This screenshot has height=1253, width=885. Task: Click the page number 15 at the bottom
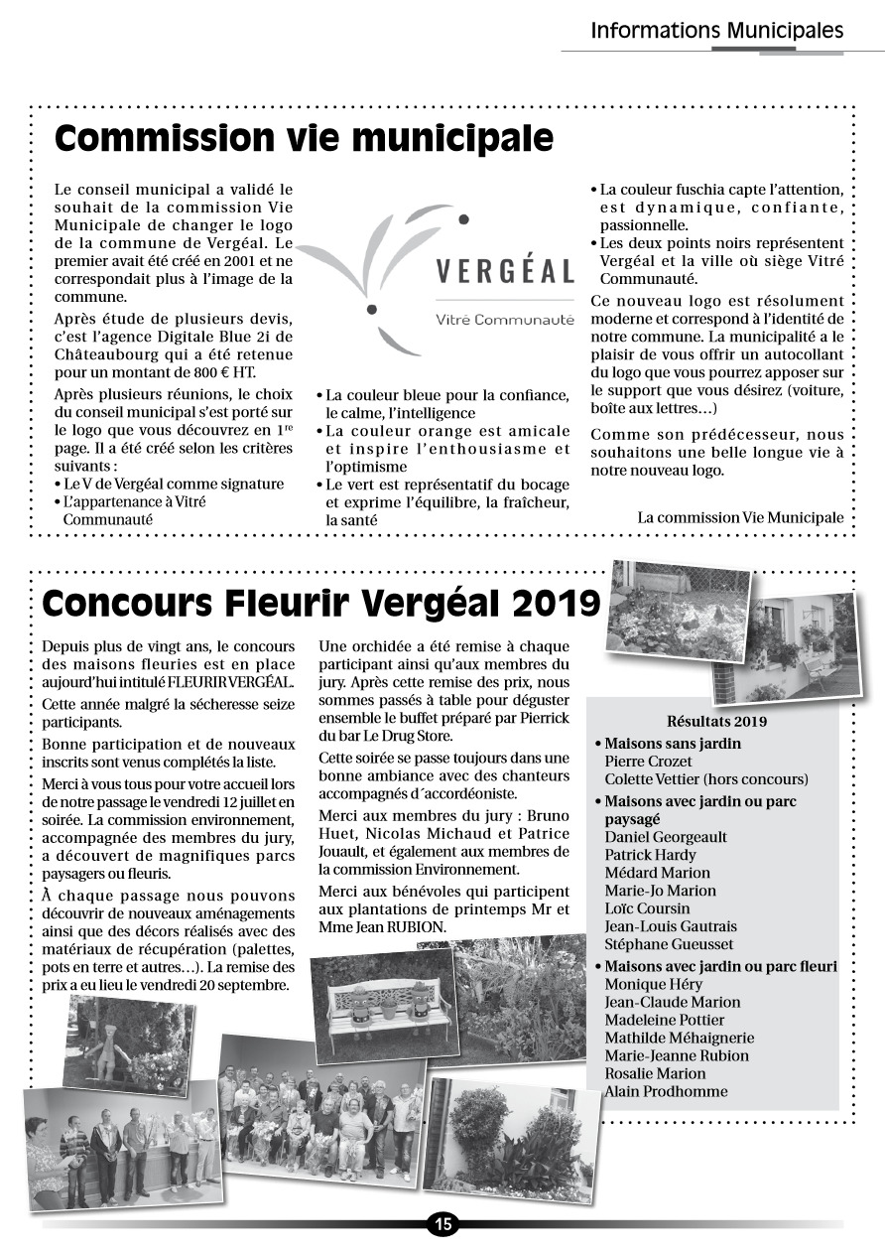tap(442, 1224)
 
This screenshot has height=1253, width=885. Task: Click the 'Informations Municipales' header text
tap(716, 31)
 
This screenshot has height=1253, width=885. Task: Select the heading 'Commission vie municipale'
tap(304, 138)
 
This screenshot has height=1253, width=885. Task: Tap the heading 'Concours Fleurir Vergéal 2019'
tap(321, 603)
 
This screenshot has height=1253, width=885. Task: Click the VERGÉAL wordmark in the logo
tap(505, 271)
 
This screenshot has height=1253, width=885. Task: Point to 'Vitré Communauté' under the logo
tap(505, 320)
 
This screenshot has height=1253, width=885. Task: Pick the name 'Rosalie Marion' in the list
tap(655, 1073)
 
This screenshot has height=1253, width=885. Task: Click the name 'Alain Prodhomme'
tap(666, 1091)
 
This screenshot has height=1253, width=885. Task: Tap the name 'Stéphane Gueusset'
tap(670, 944)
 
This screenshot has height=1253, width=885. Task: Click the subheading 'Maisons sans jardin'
tap(673, 744)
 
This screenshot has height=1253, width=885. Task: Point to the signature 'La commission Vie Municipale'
tap(740, 517)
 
